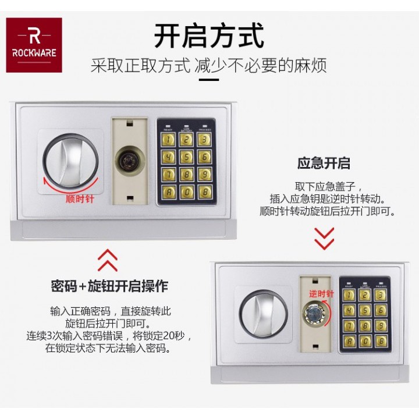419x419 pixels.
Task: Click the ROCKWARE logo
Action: [x=34, y=45]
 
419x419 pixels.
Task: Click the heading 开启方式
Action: [x=209, y=35]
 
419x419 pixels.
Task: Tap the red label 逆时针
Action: [x=321, y=294]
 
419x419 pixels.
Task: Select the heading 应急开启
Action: [x=324, y=163]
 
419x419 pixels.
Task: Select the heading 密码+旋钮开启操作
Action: [x=109, y=286]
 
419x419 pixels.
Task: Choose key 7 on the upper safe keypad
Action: [x=168, y=174]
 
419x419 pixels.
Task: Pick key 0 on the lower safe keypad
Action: [x=365, y=341]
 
